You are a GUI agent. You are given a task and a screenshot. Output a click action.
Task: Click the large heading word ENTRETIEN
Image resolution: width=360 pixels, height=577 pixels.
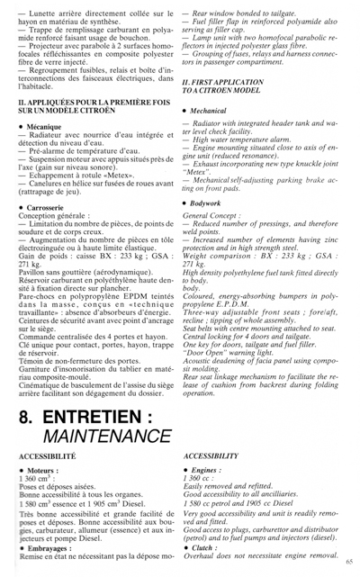coord(90,422)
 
